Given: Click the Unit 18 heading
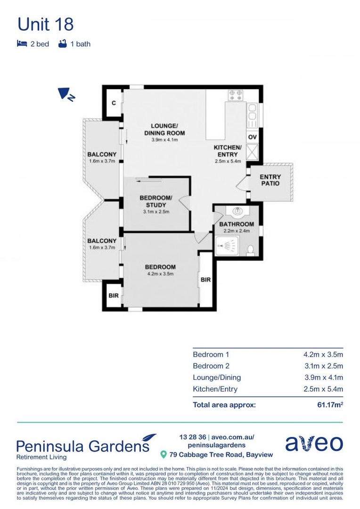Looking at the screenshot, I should coord(46,25).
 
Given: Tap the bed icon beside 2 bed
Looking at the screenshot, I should coord(21,44).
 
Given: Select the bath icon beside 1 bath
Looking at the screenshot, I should coord(62,44).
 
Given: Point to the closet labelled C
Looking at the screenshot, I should coord(114,103).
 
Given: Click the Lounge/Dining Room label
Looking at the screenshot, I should coord(164,129).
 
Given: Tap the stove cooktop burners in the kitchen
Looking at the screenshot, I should coord(236,96).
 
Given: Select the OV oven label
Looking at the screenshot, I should coord(252,137).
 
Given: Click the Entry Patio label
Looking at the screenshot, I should coord(270,180).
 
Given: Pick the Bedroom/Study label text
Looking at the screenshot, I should coord(155,201).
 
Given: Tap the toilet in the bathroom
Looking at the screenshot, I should coord(250,249).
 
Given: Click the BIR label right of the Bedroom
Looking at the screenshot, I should coord(205,279).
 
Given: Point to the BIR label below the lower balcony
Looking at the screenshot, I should coord(113,296).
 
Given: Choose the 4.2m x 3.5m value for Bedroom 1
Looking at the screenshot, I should coord(323,354).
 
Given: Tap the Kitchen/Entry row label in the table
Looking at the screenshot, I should coord(215,389).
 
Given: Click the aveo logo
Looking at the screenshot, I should coord(314,443).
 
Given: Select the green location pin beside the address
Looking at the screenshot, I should coord(164,454).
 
